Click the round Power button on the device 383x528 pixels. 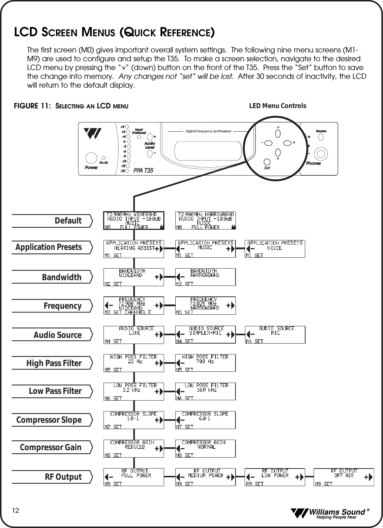91,158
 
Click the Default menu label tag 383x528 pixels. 52,221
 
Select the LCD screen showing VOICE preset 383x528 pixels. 275,249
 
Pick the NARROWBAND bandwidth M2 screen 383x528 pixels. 205,277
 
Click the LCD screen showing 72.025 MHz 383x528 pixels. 205,306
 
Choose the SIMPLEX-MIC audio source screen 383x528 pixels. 205,334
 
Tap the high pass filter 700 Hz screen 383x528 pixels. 205,363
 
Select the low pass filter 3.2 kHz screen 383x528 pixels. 133,391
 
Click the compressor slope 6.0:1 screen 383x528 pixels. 205,420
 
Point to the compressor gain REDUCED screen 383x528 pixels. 133,448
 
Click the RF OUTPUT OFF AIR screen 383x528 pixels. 344,477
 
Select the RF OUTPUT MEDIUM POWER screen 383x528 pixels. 205,477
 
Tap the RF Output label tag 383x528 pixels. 52,477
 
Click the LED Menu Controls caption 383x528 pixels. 277,106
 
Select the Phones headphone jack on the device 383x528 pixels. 320,153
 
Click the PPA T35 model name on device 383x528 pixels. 143,170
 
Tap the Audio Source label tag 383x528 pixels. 52,335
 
